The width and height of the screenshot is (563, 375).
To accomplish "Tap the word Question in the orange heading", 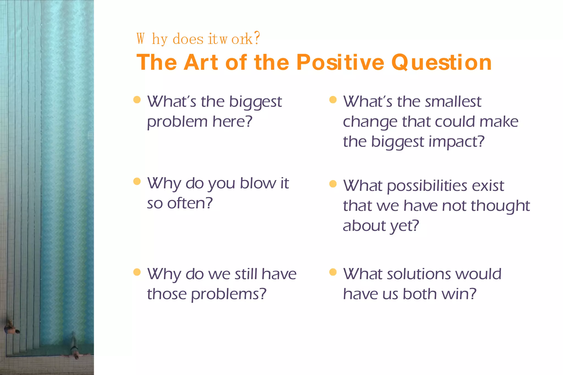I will click(x=441, y=63).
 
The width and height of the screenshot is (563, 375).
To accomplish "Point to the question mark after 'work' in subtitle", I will click(x=257, y=38).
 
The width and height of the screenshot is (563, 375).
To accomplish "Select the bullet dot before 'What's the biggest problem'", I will click(x=137, y=99).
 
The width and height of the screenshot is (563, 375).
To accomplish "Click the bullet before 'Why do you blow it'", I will click(x=137, y=181).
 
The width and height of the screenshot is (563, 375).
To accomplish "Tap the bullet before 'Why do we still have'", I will click(x=137, y=272).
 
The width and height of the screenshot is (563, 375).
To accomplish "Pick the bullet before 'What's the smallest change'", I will click(x=333, y=99).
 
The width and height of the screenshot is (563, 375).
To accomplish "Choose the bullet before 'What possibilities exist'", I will click(x=333, y=184).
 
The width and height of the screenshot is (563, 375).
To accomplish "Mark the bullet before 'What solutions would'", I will click(x=333, y=272).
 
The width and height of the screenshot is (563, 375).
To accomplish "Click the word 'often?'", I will click(x=190, y=203).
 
